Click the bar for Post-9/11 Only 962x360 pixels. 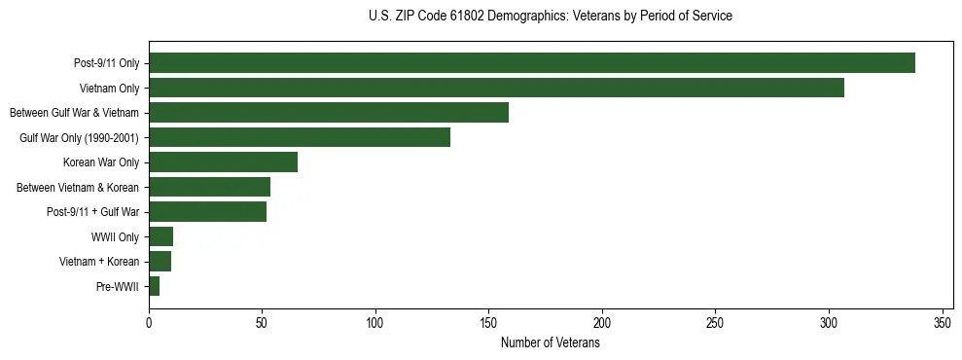point(531,63)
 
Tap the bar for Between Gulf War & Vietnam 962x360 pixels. point(329,113)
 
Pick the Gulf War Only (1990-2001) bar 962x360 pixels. point(300,137)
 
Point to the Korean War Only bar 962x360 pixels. point(223,162)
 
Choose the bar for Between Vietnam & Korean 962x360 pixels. point(209,187)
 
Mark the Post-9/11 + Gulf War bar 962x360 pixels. point(207,212)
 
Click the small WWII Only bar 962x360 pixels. point(161,236)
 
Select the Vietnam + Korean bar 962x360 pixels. point(160,262)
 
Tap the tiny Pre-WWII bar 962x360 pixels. point(155,286)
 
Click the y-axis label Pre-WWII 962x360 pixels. point(118,287)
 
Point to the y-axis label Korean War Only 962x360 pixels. point(101,162)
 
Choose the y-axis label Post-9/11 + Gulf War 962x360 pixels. point(92,212)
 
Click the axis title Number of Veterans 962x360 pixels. point(550,343)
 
